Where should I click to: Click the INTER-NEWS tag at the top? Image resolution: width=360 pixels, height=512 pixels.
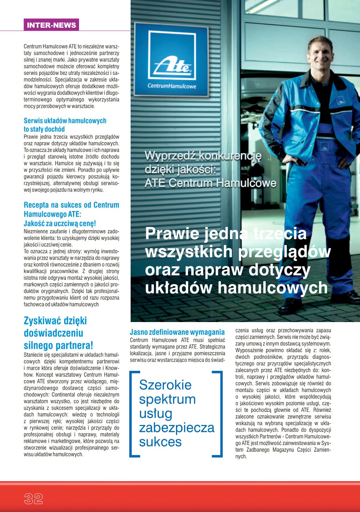[x=51, y=25]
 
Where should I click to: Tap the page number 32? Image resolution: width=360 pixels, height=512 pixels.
[x=33, y=498]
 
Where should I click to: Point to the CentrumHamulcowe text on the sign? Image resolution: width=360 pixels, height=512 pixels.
[x=172, y=86]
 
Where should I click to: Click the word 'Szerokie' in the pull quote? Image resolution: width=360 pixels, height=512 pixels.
[x=165, y=384]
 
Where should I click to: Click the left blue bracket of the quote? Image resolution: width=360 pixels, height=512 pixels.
[x=134, y=413]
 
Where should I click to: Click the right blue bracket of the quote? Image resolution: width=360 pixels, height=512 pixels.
[x=218, y=413]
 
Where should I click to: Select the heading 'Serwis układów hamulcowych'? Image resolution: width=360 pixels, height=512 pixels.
[x=65, y=121]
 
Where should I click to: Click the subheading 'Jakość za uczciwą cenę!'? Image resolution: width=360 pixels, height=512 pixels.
[x=60, y=224]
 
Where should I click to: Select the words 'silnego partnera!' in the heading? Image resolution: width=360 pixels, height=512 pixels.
[x=58, y=345]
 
